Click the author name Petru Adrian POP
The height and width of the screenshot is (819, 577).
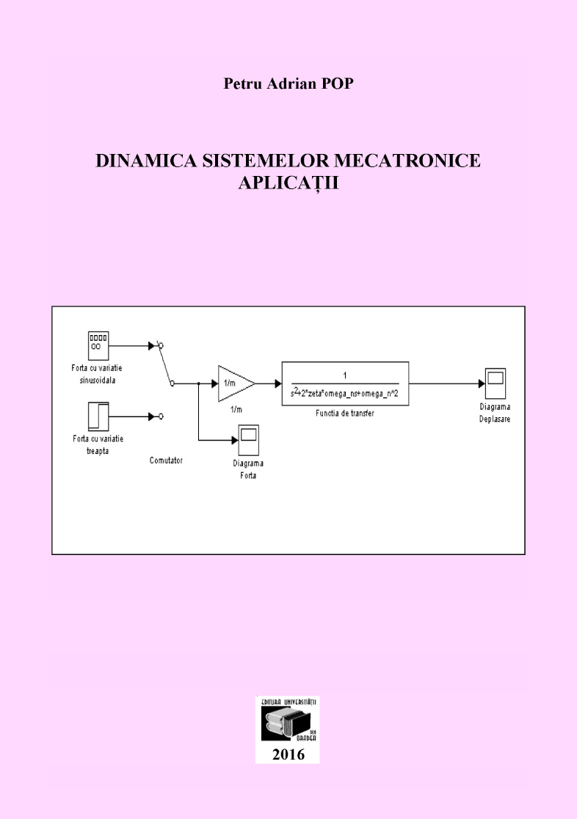click(288, 84)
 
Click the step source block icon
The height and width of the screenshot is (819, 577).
click(99, 416)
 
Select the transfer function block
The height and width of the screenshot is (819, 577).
click(345, 383)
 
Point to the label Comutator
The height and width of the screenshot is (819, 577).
click(166, 460)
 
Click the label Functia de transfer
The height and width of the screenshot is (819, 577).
click(345, 414)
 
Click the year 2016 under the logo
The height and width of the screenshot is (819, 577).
click(288, 754)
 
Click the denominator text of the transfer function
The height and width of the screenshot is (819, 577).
click(344, 392)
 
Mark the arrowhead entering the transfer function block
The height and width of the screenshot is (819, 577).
click(277, 383)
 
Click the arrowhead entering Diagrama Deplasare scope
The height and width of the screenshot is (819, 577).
click(481, 383)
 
